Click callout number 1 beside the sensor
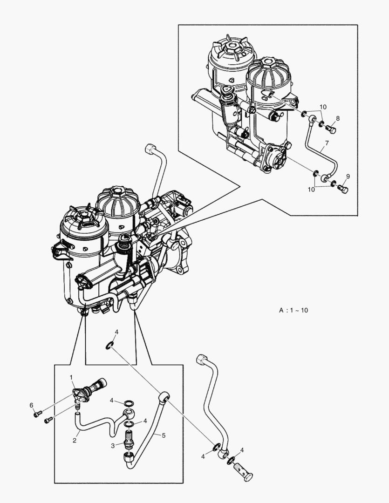click(x=71, y=376)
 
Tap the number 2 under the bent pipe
click(x=74, y=440)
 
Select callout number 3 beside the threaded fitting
click(x=112, y=446)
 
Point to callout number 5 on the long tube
click(x=164, y=435)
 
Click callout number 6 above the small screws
click(x=32, y=405)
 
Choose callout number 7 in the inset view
click(x=327, y=143)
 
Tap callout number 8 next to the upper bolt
click(x=338, y=118)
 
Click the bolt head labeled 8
click(x=331, y=129)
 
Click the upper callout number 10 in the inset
click(x=323, y=107)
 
